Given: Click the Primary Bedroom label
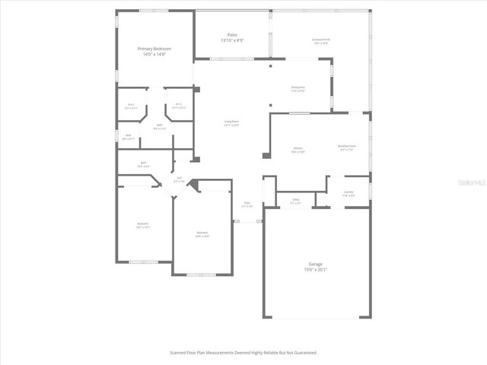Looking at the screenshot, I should pyautogui.click(x=154, y=49).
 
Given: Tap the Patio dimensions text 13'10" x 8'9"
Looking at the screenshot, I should pyautogui.click(x=232, y=41).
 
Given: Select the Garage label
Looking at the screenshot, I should pyautogui.click(x=317, y=263).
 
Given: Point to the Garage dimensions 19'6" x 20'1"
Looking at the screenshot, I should pyautogui.click(x=317, y=269).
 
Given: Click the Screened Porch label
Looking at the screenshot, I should pyautogui.click(x=321, y=39).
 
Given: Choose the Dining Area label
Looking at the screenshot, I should pyautogui.click(x=298, y=87).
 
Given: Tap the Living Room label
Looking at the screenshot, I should pyautogui.click(x=231, y=121).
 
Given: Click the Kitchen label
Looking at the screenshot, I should pyautogui.click(x=299, y=148).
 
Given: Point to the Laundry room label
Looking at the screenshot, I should pyautogui.click(x=348, y=192).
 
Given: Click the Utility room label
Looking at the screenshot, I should pyautogui.click(x=295, y=200).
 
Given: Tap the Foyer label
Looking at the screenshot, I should pyautogui.click(x=247, y=202).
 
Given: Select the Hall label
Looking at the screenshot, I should pyautogui.click(x=179, y=179).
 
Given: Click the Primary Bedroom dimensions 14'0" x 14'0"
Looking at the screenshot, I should pyautogui.click(x=154, y=55).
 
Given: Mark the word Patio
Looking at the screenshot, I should pyautogui.click(x=232, y=35).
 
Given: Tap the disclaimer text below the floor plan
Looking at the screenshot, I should pyautogui.click(x=243, y=353).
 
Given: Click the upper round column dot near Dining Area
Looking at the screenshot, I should pyautogui.click(x=271, y=66).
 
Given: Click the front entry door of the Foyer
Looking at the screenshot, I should pyautogui.click(x=247, y=221).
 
